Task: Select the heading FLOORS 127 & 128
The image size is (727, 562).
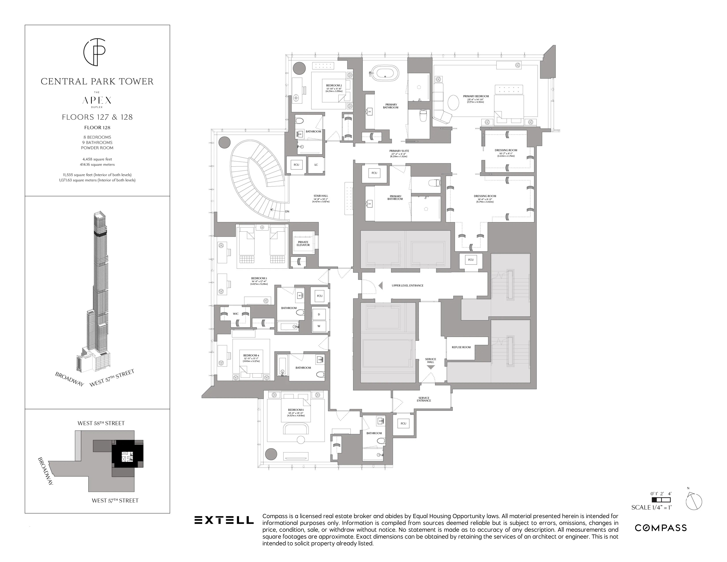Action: pyautogui.click(x=97, y=117)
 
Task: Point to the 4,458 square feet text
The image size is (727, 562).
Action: pyautogui.click(x=97, y=159)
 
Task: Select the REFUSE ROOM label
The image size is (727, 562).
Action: pyautogui.click(x=461, y=347)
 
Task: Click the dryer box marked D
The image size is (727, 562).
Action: pyautogui.click(x=319, y=314)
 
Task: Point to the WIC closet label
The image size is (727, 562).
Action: pyautogui.click(x=236, y=314)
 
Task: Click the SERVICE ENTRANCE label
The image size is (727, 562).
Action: pyautogui.click(x=424, y=399)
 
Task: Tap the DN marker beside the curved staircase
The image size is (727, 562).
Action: pyautogui.click(x=287, y=211)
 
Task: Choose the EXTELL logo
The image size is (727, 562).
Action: pyautogui.click(x=224, y=520)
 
